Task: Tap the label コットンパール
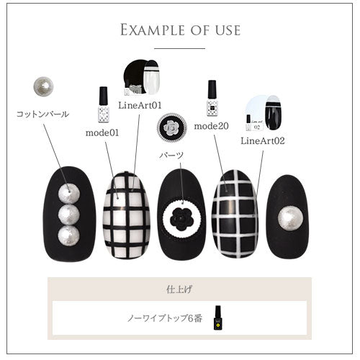click(x=42, y=113)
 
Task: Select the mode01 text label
click(x=102, y=132)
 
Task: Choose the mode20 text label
click(x=211, y=126)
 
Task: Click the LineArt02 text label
click(x=263, y=140)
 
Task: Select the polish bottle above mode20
click(x=212, y=99)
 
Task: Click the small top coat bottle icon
click(x=217, y=316)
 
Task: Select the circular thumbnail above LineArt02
click(x=265, y=112)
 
